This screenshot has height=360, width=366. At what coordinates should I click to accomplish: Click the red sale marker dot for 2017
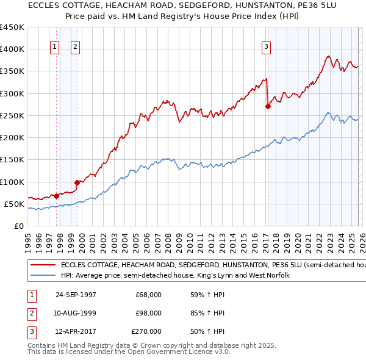pyautogui.click(x=268, y=106)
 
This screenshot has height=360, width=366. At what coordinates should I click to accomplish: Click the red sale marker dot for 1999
pyautogui.click(x=77, y=182)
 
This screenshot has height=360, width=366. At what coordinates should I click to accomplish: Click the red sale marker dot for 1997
pyautogui.click(x=57, y=196)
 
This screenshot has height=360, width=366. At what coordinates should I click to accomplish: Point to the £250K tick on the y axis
pyautogui.click(x=12, y=115)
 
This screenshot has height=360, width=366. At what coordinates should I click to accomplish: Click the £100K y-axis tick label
pyautogui.click(x=12, y=182)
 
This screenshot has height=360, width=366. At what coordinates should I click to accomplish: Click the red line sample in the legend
pyautogui.click(x=43, y=265)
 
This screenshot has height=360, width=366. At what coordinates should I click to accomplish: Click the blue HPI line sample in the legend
pyautogui.click(x=43, y=276)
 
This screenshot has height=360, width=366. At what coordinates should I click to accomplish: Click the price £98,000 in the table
pyautogui.click(x=148, y=313)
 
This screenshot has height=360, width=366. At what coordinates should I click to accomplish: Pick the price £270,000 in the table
pyautogui.click(x=146, y=332)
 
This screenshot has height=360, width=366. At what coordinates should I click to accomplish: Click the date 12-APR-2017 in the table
pyautogui.click(x=75, y=332)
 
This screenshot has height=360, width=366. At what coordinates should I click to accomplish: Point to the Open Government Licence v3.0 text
pyautogui.click(x=168, y=352)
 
